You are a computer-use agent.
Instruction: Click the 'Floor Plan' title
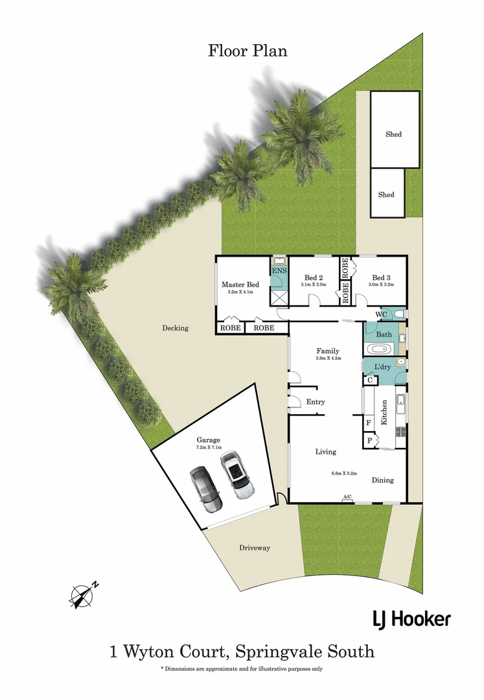pyautogui.click(x=248, y=51)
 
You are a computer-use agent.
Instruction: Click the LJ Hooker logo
pyautogui.click(x=411, y=619)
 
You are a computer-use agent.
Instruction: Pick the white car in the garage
pyautogui.click(x=236, y=475)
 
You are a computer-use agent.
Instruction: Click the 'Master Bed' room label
pyautogui.click(x=240, y=285)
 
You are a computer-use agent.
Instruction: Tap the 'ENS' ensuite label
pyautogui.click(x=279, y=271)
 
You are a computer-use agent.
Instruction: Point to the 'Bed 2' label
pyautogui.click(x=314, y=277)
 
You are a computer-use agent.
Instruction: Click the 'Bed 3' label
pyautogui.click(x=381, y=277)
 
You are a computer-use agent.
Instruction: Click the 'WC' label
pyautogui.click(x=382, y=315)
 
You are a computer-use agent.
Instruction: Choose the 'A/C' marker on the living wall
pyautogui.click(x=347, y=497)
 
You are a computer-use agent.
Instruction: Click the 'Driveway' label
pyautogui.click(x=255, y=548)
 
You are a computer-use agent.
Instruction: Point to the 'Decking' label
pyautogui.click(x=175, y=328)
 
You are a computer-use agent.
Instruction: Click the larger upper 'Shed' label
pyautogui.click(x=394, y=134)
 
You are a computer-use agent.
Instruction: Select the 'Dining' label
pyautogui.click(x=382, y=480)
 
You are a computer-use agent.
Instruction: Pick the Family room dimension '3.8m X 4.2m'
pyautogui.click(x=328, y=358)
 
